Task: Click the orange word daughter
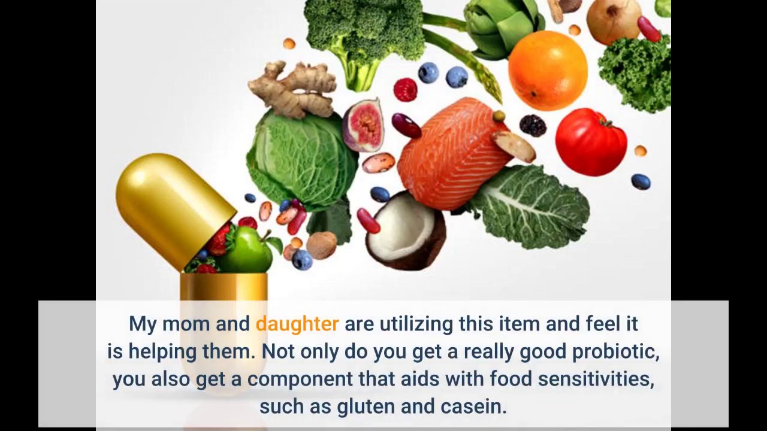tap(297, 324)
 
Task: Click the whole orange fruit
tap(548, 71)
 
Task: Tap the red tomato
tap(591, 142)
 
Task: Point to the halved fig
tap(363, 125)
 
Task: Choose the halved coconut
tap(406, 230)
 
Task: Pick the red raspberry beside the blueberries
tap(405, 90)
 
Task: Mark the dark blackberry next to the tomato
tap(533, 126)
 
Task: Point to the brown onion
tap(614, 20)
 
